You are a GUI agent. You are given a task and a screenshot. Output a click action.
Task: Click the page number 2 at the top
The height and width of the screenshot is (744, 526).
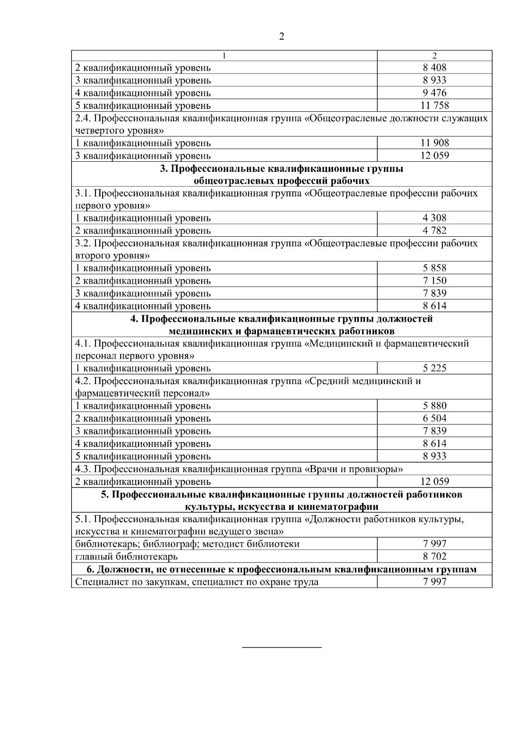click(x=281, y=37)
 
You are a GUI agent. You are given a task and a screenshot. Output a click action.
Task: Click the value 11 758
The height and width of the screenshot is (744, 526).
click(x=434, y=105)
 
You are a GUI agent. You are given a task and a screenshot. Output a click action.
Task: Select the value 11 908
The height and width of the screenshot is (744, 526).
click(x=434, y=143)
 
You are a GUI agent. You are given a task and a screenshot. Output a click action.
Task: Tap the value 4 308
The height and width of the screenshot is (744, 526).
click(x=434, y=218)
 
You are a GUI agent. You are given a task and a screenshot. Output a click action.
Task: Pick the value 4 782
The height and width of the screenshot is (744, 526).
click(x=434, y=230)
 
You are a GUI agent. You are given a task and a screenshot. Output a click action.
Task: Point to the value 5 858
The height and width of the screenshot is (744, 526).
click(x=434, y=268)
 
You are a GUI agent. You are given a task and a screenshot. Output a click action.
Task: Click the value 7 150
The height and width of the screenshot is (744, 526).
click(x=434, y=281)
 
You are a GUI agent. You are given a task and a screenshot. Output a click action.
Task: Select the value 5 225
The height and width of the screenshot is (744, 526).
click(x=434, y=368)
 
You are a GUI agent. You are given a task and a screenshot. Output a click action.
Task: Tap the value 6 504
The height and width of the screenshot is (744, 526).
click(x=434, y=418)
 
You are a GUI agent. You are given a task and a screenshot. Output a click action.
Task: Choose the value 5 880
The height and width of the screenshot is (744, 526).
click(x=434, y=406)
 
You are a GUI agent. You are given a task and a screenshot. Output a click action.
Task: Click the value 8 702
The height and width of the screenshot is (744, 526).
click(x=434, y=556)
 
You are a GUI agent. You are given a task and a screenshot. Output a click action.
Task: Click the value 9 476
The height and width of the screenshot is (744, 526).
click(x=434, y=93)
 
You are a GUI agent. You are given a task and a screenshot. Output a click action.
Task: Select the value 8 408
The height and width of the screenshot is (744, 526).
click(x=434, y=68)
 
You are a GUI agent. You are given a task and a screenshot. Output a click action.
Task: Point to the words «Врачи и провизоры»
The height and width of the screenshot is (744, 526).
click(x=353, y=469)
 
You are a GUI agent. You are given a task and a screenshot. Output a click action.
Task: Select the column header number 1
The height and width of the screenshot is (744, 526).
click(x=224, y=56)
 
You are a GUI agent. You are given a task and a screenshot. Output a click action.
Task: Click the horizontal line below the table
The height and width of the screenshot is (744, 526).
click(x=282, y=647)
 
